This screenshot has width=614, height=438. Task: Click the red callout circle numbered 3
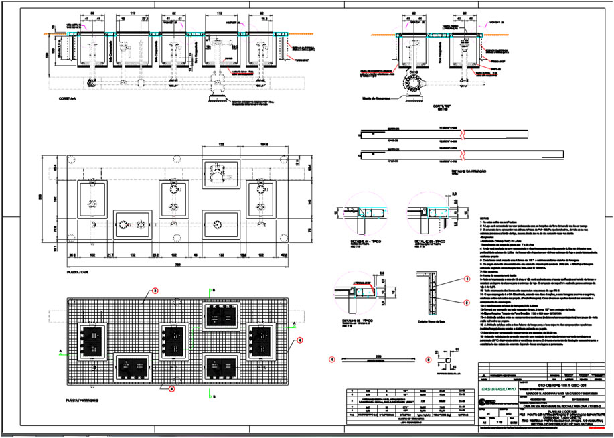154,291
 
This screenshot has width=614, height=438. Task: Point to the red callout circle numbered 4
300,340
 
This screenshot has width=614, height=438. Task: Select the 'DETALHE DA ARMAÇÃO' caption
411,171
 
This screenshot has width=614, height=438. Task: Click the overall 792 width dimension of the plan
174,263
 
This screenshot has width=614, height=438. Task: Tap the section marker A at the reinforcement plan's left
60,350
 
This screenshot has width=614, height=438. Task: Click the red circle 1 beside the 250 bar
333,359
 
